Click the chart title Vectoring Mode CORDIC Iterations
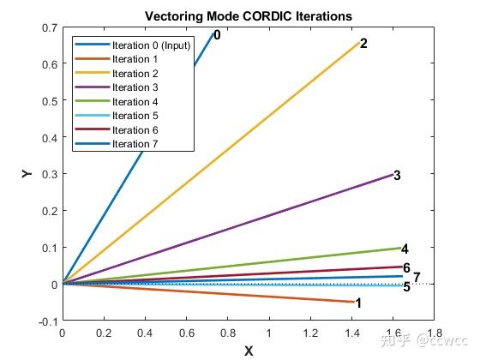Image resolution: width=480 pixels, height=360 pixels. (249, 16)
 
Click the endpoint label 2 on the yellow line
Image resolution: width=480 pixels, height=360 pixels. (363, 43)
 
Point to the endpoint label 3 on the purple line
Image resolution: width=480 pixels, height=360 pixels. (397, 175)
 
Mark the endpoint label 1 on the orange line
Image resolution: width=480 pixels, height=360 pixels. (358, 303)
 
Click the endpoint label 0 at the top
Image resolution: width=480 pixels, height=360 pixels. (217, 35)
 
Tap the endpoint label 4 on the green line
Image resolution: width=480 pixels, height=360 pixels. (405, 249)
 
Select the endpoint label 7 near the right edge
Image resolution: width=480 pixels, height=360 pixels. (417, 277)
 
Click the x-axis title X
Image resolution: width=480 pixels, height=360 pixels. (249, 351)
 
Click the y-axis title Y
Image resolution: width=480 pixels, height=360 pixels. (27, 174)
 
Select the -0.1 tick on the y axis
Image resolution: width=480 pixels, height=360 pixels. (46, 321)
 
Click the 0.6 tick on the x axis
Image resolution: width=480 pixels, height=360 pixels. (186, 333)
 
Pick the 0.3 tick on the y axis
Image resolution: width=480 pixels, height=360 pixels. (48, 174)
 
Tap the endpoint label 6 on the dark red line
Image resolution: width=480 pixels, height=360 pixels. (406, 268)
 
